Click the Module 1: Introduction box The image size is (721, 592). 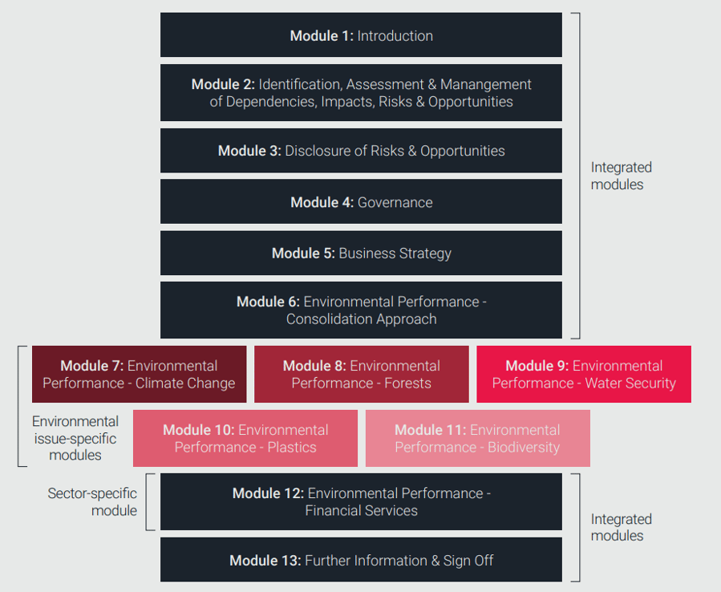click(x=361, y=35)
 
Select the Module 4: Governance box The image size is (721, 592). click(x=361, y=202)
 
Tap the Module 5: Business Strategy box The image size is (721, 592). click(x=361, y=253)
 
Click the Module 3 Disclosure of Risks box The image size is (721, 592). click(x=361, y=151)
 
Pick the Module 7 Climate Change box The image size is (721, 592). click(x=139, y=375)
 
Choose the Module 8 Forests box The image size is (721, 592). click(x=361, y=375)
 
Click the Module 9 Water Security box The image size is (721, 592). click(x=584, y=375)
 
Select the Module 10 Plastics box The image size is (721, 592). click(x=245, y=439)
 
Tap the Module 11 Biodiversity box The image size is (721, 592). click(x=477, y=439)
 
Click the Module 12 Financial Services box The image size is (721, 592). click(x=361, y=502)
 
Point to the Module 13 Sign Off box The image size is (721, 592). click(x=361, y=560)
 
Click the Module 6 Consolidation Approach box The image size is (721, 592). click(x=361, y=310)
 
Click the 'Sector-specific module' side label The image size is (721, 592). click(x=92, y=502)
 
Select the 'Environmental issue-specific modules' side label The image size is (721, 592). click(x=75, y=438)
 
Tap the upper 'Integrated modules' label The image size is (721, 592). click(x=622, y=176)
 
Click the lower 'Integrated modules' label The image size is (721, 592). click(x=622, y=527)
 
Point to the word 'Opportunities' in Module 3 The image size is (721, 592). click(x=463, y=151)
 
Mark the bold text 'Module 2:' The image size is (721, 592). click(x=223, y=84)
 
